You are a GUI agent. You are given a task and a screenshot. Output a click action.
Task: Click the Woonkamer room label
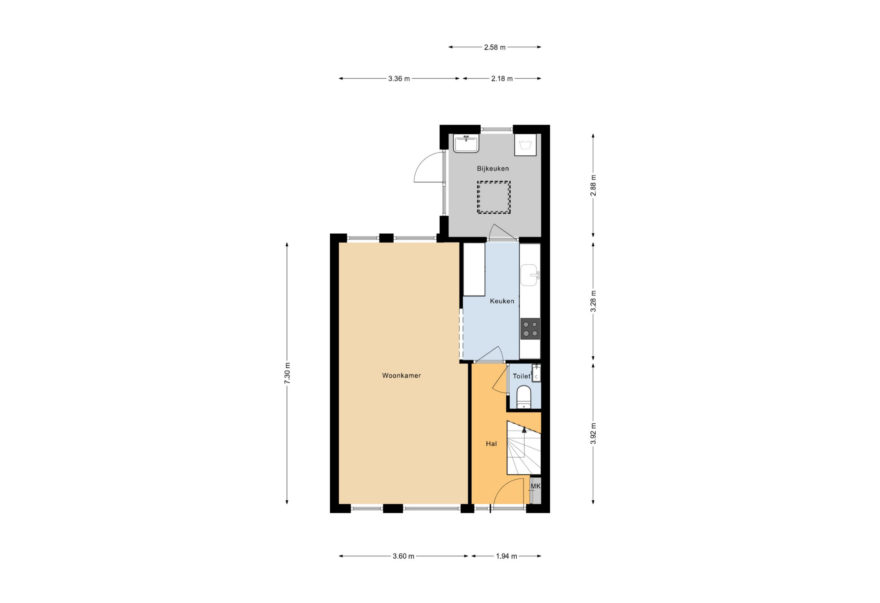tap(401, 376)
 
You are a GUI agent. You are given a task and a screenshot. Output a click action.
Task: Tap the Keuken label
tap(502, 301)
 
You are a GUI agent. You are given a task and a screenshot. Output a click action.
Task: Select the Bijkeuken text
tap(493, 168)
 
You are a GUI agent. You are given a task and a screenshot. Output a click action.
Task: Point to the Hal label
tap(491, 444)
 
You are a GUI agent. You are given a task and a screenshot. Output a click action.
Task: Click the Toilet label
tap(521, 376)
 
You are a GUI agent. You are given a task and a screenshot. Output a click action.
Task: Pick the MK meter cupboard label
tap(536, 486)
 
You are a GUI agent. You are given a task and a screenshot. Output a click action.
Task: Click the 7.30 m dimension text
tap(287, 373)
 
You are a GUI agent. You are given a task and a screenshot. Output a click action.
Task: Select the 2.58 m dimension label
tap(495, 47)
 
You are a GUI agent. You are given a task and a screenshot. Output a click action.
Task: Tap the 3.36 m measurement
tap(399, 79)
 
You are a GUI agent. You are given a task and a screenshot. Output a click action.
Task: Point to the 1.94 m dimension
tap(506, 556)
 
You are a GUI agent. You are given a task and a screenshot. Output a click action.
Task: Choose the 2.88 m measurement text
tap(593, 186)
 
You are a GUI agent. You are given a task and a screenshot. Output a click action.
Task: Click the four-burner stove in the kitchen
tap(530, 328)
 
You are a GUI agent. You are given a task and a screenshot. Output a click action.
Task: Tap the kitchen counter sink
tap(529, 275)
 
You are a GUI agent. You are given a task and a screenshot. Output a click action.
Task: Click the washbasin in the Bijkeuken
tap(466, 144)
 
